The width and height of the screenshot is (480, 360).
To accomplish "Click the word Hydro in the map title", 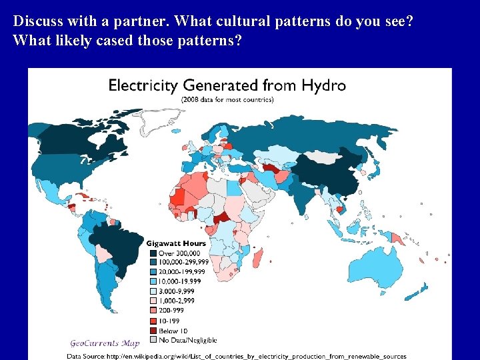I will click(323, 86).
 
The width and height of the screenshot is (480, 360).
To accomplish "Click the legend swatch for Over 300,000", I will click(153, 253).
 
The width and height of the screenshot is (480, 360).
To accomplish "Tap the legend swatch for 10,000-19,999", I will click(153, 281).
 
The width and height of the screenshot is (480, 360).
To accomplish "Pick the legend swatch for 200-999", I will click(153, 309).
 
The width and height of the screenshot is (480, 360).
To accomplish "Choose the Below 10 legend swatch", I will click(153, 330).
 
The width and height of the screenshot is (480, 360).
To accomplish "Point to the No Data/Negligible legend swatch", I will click(153, 339).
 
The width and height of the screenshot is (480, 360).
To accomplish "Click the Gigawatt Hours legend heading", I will click(176, 243).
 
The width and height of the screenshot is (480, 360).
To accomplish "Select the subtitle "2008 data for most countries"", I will click(227, 100).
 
